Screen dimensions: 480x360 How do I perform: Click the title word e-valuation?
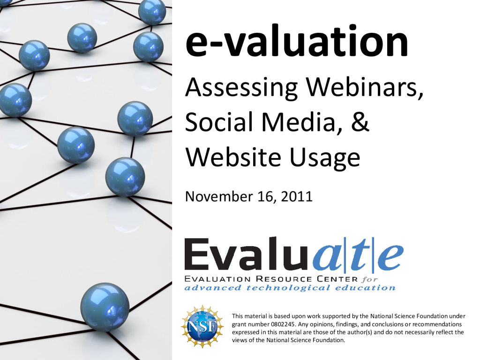pos(296,40)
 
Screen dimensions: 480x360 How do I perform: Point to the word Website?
pos(233,157)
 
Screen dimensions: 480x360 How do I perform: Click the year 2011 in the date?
pos(296,196)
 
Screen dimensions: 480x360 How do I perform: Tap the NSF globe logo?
pos(202,327)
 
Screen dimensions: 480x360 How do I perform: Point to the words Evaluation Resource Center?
pos(271,279)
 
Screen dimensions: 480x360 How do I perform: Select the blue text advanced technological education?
pos(290,288)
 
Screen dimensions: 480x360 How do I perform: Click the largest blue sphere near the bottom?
pos(105,307)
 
